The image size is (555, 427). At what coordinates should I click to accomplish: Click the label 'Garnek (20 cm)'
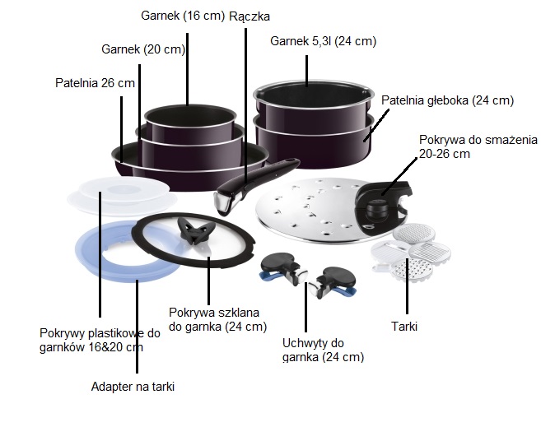pyautogui.click(x=143, y=49)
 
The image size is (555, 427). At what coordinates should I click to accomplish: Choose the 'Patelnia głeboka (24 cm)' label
pyautogui.click(x=447, y=100)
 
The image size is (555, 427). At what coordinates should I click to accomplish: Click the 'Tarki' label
pyautogui.click(x=404, y=327)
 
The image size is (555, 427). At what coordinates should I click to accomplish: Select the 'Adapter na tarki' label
pyautogui.click(x=133, y=385)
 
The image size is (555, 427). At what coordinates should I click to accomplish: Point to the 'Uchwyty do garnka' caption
pyautogui.click(x=313, y=342)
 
